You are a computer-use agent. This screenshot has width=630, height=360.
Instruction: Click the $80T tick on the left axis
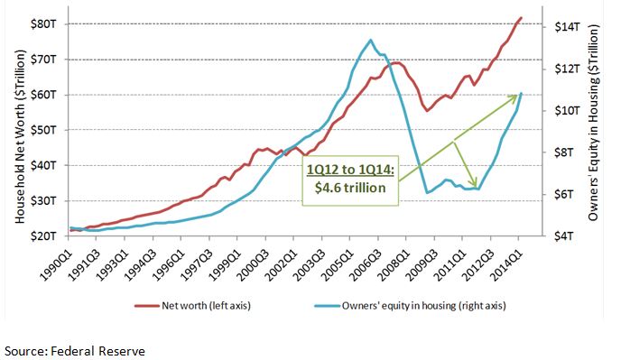pos(43,24)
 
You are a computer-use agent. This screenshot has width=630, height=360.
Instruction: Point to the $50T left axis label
pos(43,130)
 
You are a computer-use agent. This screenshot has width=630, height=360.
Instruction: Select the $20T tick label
pos(43,235)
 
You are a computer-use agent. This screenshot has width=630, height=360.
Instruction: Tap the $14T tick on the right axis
pos(568,27)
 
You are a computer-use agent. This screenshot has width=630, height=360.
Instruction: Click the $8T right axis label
pos(564,152)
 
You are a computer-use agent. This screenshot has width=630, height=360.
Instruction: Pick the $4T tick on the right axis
pos(564,235)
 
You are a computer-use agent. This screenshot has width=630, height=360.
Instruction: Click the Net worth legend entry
pos(192,306)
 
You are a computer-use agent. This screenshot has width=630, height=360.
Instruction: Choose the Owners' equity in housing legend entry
pos(411,306)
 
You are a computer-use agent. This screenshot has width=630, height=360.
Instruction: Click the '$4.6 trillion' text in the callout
pos(350,188)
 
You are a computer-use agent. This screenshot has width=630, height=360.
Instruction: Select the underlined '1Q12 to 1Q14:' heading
pos(350,170)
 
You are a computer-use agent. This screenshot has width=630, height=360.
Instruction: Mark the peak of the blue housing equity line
pos(370,40)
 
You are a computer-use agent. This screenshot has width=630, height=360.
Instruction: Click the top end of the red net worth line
pos(521,18)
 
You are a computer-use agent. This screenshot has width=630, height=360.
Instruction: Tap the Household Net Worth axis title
pos(20,136)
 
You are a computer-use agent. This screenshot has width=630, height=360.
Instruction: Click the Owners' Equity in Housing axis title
pos(593,123)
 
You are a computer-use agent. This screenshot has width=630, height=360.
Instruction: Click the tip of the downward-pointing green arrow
pos(477,187)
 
